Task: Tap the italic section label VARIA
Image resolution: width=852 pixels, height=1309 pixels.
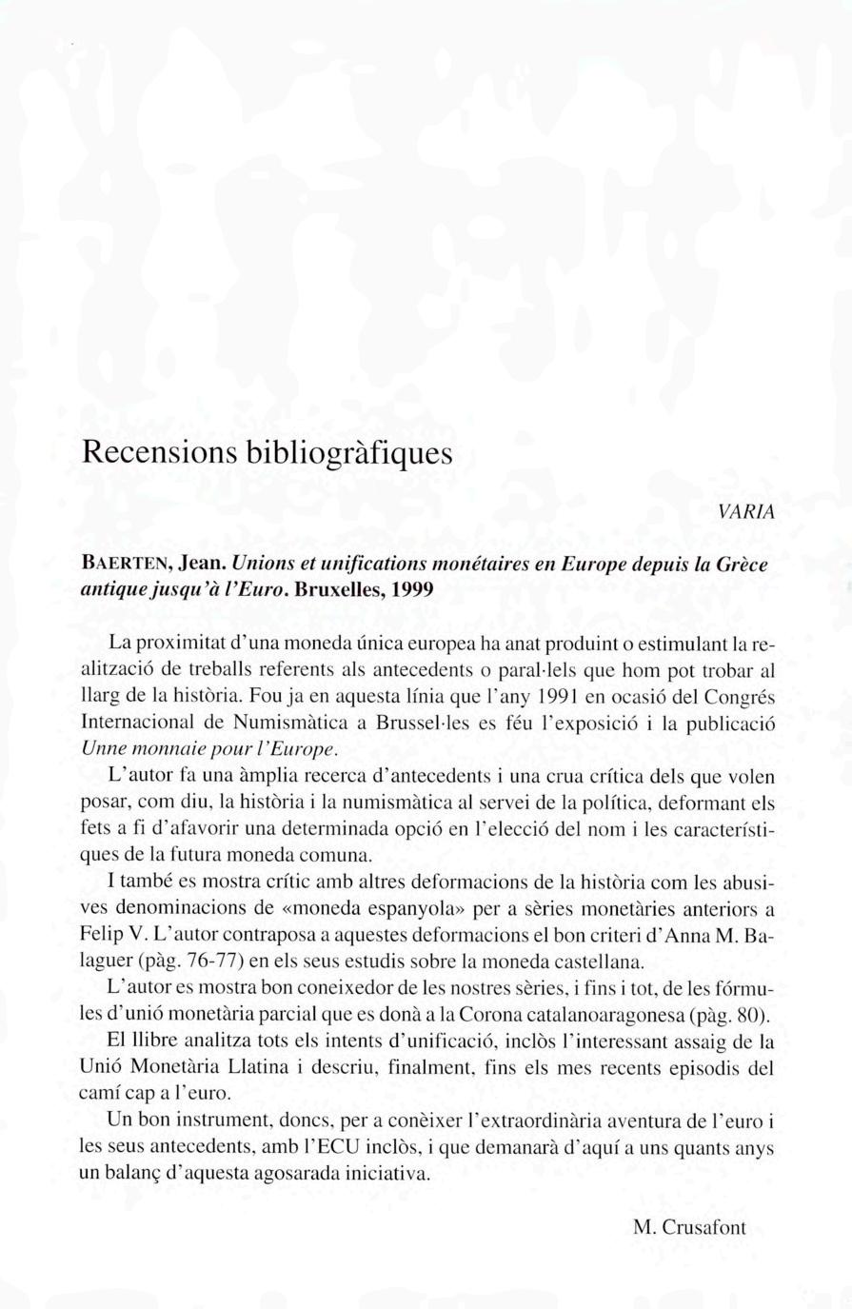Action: (x=747, y=512)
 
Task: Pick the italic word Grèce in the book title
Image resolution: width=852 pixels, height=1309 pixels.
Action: (x=742, y=564)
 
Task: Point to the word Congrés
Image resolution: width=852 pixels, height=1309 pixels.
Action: (x=742, y=697)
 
